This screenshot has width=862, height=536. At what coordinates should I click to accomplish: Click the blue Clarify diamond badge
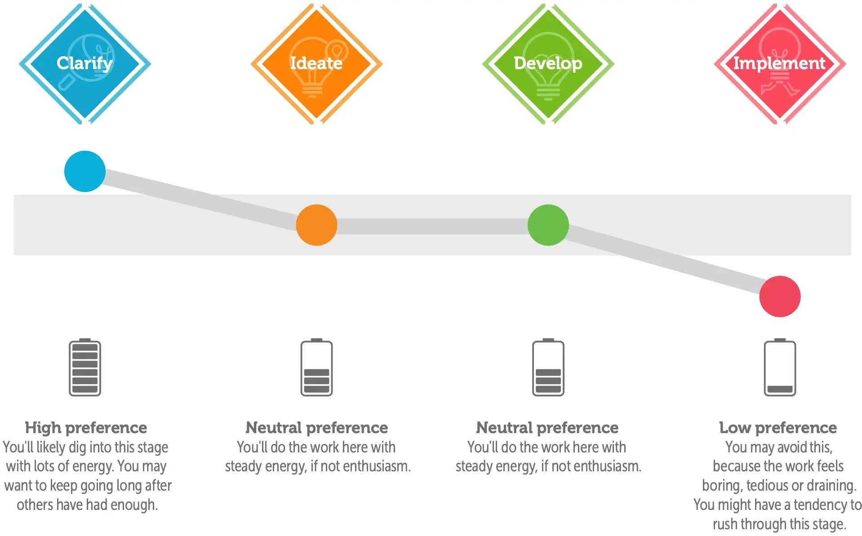pyautogui.click(x=85, y=63)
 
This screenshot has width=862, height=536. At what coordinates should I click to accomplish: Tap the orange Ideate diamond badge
pyautogui.click(x=316, y=63)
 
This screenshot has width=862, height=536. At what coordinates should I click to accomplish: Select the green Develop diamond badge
pyautogui.click(x=548, y=63)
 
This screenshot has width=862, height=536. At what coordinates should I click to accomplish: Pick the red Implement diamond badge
pyautogui.click(x=780, y=63)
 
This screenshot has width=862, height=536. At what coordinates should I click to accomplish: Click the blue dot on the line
pyautogui.click(x=85, y=171)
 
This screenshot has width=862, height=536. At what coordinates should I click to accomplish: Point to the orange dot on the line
pyautogui.click(x=316, y=225)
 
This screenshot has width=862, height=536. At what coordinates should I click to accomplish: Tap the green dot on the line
pyautogui.click(x=548, y=225)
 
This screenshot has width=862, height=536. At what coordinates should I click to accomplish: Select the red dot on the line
pyautogui.click(x=780, y=296)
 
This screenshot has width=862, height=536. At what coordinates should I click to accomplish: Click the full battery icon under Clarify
pyautogui.click(x=85, y=367)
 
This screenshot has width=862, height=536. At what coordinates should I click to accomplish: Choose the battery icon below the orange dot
pyautogui.click(x=316, y=367)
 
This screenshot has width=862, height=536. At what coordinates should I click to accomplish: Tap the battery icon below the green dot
pyautogui.click(x=548, y=367)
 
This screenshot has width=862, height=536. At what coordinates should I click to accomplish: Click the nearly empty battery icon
pyautogui.click(x=780, y=367)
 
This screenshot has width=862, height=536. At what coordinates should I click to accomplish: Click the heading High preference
pyautogui.click(x=86, y=427)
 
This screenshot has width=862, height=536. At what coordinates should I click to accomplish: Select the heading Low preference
pyautogui.click(x=778, y=427)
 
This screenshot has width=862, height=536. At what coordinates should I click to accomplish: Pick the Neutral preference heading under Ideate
pyautogui.click(x=316, y=427)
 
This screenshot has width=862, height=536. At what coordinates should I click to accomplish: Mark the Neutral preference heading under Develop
pyautogui.click(x=547, y=427)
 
